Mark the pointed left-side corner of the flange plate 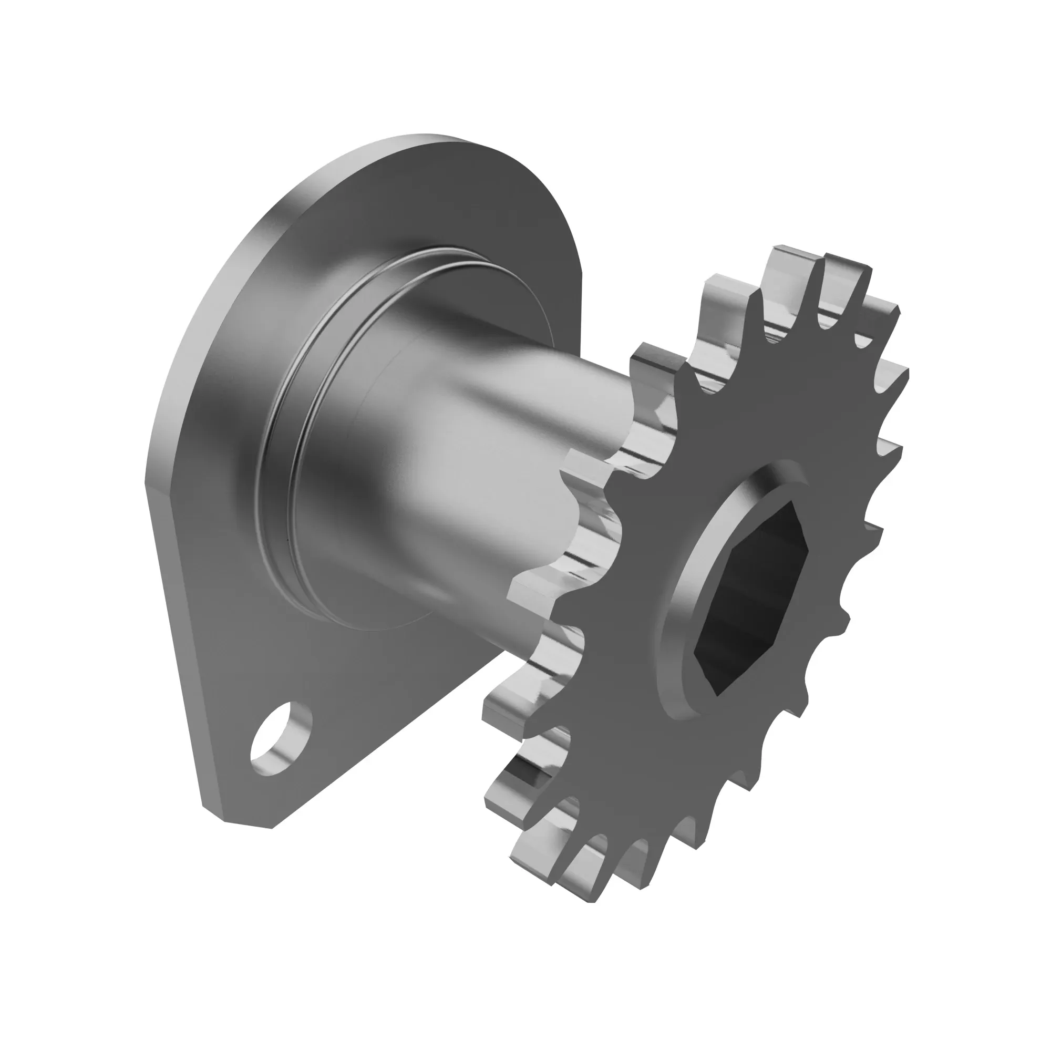tap(146, 484)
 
